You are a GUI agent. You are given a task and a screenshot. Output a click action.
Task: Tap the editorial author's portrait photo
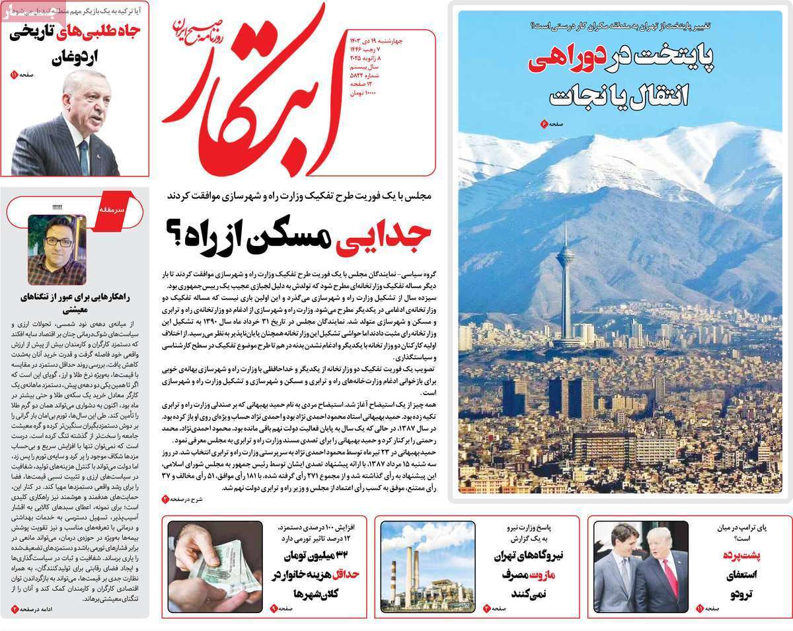pyautogui.click(x=57, y=250)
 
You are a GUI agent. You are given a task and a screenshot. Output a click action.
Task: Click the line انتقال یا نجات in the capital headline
pyautogui.click(x=619, y=94)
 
